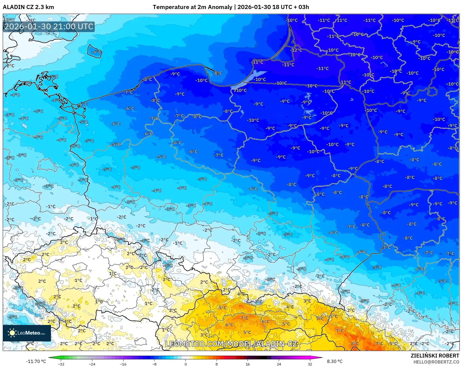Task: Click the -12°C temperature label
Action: coord(296,50)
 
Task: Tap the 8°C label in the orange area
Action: coord(355,344)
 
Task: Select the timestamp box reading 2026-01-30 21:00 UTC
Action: coord(49,27)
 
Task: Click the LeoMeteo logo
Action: coord(27,333)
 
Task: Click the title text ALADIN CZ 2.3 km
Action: coord(28,7)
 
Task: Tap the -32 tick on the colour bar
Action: coord(61,364)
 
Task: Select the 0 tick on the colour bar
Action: coord(185,364)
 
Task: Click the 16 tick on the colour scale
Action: coord(248,364)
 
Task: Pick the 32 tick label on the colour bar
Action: coord(310,364)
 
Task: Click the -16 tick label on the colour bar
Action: coord(123,364)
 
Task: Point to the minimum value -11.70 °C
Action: coord(36,361)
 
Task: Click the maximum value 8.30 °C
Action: coord(335,361)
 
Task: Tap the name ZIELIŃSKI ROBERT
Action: coord(435,356)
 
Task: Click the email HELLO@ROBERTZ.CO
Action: coord(436,362)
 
